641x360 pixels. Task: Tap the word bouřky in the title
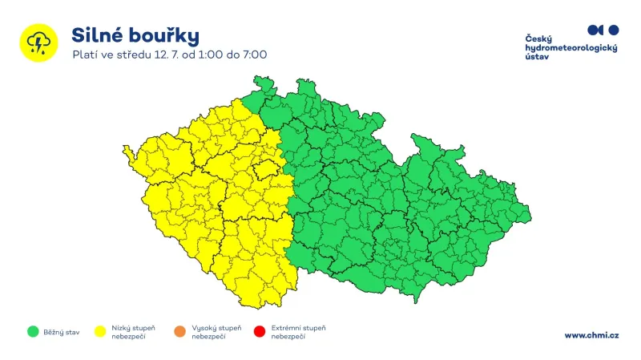pyautogui.click(x=165, y=35)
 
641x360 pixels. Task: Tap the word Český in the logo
pyautogui.click(x=538, y=38)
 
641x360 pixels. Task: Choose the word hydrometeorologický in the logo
pyautogui.click(x=570, y=49)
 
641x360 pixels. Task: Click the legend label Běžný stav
pyautogui.click(x=60, y=331)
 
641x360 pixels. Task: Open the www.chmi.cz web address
pyautogui.click(x=591, y=335)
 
